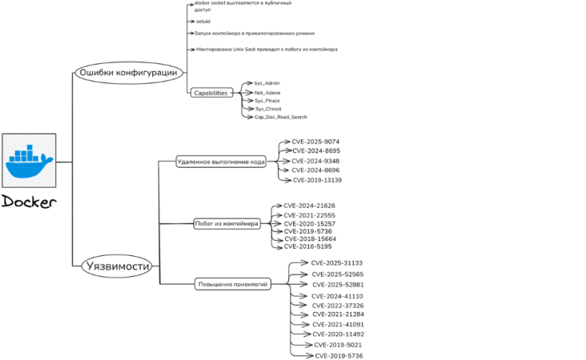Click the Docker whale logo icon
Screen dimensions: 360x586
29,161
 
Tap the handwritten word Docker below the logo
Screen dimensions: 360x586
29,202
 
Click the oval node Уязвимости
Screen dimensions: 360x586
117,266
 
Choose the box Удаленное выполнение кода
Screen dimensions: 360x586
222,162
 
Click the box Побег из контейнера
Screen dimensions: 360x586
227,224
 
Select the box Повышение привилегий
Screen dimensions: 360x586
232,283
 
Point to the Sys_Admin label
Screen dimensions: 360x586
267,83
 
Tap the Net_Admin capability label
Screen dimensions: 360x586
267,93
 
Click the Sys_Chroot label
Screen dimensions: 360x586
267,109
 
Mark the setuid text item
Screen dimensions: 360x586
203,22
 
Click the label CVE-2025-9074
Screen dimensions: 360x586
316,142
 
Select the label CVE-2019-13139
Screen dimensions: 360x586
317,180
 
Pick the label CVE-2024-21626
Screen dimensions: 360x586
309,206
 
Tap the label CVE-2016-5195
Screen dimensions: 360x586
308,246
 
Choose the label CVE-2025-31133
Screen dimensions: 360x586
336,263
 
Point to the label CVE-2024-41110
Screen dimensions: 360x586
337,296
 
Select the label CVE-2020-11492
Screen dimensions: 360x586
338,334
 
